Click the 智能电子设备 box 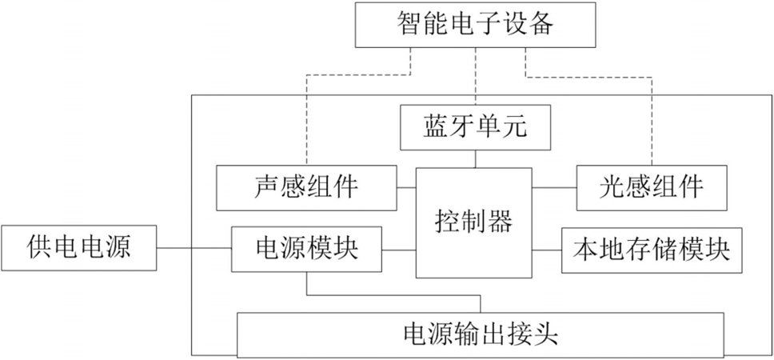tap(475, 24)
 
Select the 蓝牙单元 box tap(475, 127)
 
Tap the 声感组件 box tap(306, 188)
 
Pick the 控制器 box tap(474, 222)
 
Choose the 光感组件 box tap(652, 188)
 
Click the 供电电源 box tap(79, 248)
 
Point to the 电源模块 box tap(306, 250)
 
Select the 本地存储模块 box tap(652, 250)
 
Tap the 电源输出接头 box tap(481, 335)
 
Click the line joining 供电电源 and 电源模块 tap(194, 248)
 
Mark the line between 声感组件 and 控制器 tap(406, 188)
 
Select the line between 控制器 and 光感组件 tap(554, 188)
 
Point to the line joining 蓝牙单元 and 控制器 tap(475, 158)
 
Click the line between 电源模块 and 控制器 tap(399, 250)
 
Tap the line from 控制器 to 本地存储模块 tap(546, 250)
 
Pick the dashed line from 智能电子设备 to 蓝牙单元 tap(475, 76)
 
